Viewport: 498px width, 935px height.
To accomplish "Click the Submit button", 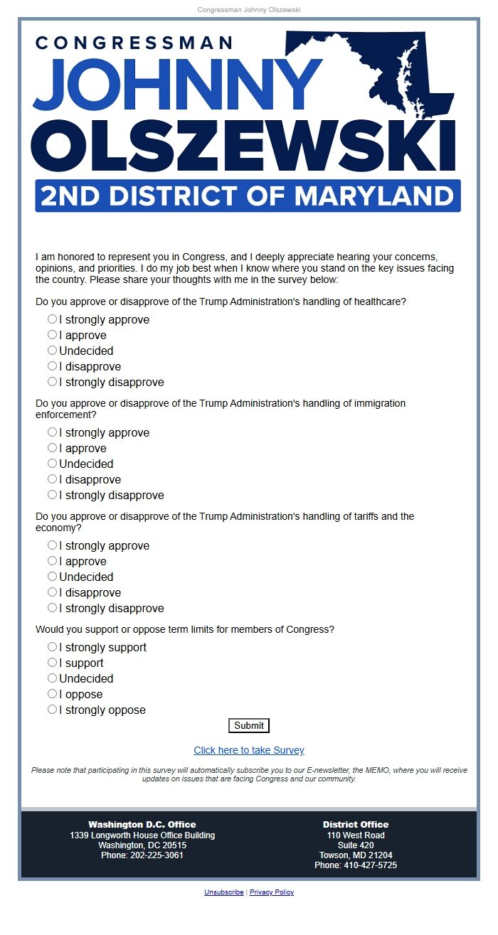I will [x=249, y=726].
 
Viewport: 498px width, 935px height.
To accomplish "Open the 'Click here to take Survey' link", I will [x=249, y=750].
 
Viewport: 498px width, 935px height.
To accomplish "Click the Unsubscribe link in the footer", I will [x=223, y=892].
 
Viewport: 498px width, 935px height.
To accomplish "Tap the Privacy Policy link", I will [x=272, y=892].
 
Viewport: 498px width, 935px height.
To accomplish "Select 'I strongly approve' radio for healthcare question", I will [x=52, y=319].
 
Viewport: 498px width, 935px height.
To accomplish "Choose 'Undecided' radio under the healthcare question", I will [x=52, y=351].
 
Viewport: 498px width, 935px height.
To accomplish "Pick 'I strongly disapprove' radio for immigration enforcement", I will [x=52, y=495].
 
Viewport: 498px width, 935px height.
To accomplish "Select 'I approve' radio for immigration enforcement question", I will [x=52, y=448].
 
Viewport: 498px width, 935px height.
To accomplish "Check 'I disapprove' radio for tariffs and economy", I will [x=52, y=592].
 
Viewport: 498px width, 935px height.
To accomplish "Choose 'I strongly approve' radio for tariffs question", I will [x=52, y=545].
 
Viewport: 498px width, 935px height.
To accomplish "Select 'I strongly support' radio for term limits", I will [x=52, y=647].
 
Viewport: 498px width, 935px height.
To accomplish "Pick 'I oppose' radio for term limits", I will [x=52, y=694].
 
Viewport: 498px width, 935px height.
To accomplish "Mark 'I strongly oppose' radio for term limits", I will [x=52, y=710].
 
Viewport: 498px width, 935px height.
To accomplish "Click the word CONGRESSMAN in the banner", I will [x=134, y=43].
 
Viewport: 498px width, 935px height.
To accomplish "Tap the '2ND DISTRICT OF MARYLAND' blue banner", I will [x=248, y=196].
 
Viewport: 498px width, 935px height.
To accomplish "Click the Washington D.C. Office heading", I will [x=142, y=825].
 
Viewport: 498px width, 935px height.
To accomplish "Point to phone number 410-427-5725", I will [x=356, y=865].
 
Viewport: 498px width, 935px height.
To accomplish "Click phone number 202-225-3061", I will [x=142, y=855].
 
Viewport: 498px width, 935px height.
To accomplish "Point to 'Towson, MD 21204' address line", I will [x=356, y=855].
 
